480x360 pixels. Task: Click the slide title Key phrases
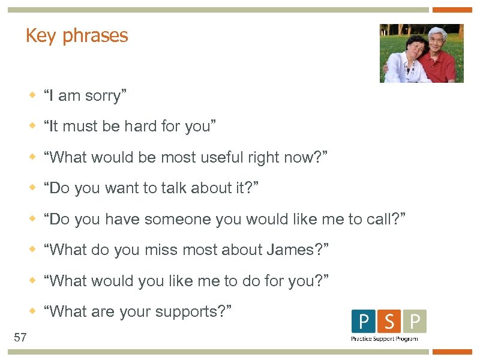[x=77, y=36]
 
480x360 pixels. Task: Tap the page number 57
[x=20, y=337]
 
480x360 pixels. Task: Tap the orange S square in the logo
[x=389, y=322]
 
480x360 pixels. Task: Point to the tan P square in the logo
[x=415, y=322]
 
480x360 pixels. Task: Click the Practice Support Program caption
[x=385, y=339]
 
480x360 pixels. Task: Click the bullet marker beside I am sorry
[x=34, y=95]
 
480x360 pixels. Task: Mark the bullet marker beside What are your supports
[x=34, y=311]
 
